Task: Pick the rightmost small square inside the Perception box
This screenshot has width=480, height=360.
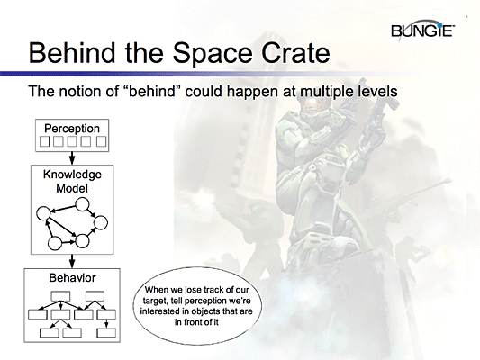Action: click(102, 141)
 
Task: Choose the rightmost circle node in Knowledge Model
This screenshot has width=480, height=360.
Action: click(101, 222)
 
